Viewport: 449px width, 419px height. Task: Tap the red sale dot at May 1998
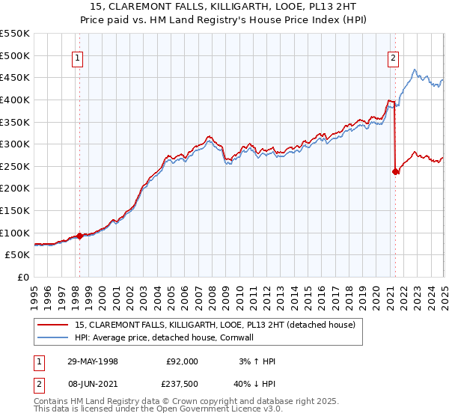[x=79, y=236]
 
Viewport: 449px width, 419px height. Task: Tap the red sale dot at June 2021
[x=395, y=171]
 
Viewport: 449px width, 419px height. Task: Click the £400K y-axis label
[x=16, y=100]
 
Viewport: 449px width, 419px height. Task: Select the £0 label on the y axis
[x=22, y=277]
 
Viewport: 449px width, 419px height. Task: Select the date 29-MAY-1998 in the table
[x=92, y=361]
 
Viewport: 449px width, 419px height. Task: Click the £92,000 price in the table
[x=181, y=361]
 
